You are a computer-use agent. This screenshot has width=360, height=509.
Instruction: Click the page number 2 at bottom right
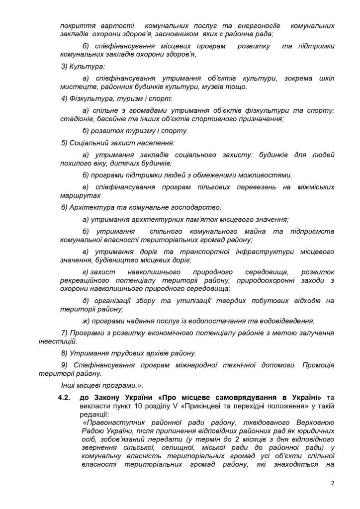coord(332,483)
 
